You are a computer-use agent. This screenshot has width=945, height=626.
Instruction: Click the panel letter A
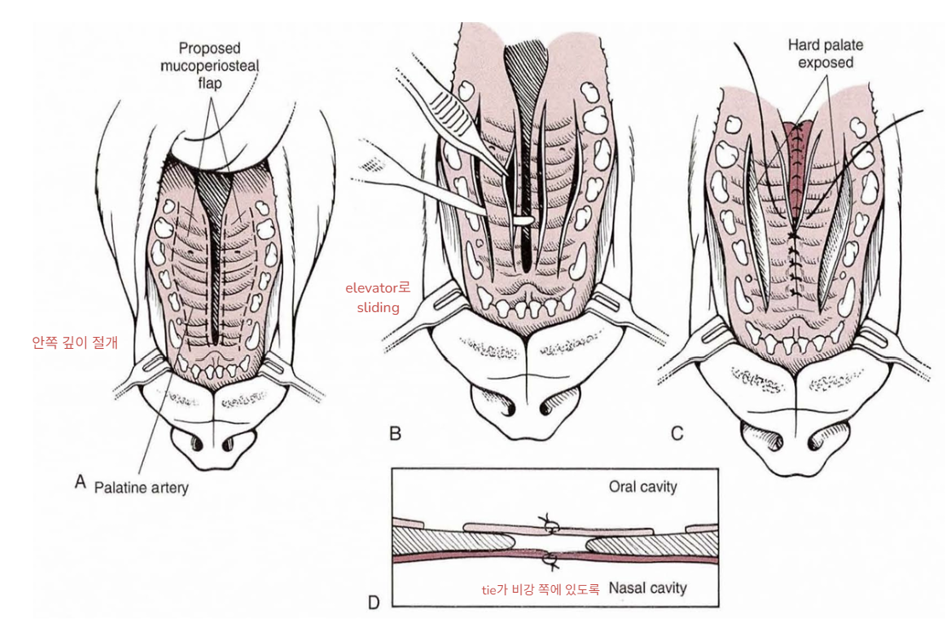(81, 481)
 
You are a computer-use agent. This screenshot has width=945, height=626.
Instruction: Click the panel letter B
(395, 433)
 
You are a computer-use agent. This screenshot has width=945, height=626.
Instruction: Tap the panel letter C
(677, 433)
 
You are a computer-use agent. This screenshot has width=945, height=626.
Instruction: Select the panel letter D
(373, 602)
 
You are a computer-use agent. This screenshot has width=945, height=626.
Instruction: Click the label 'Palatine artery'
(141, 488)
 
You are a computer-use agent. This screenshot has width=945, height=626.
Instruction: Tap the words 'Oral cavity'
(642, 487)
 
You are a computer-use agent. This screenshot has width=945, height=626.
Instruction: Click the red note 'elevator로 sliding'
(377, 298)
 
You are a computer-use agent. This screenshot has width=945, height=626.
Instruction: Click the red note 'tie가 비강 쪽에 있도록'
(541, 588)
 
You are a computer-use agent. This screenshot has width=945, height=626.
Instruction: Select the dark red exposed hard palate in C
(799, 162)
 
